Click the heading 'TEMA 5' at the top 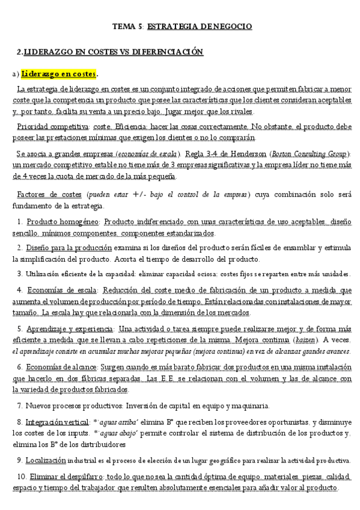point(128,26)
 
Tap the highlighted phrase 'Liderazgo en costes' point(58,74)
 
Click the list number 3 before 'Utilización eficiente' point(20,272)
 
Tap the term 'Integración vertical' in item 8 point(55,422)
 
